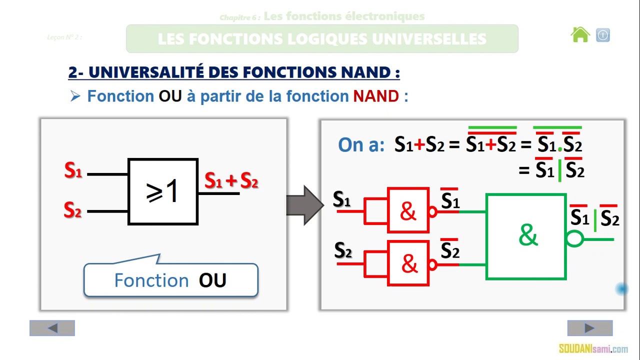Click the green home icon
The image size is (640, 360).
click(x=580, y=35)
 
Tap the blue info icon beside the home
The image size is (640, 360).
click(x=603, y=35)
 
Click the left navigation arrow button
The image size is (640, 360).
click(x=52, y=328)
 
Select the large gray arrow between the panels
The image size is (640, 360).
click(x=304, y=205)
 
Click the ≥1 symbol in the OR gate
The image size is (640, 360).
click(x=162, y=191)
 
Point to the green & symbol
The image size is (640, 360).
click(x=528, y=235)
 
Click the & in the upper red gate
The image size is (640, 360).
click(x=408, y=211)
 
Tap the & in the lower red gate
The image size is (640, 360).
click(x=409, y=263)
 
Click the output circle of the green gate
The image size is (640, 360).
click(x=575, y=239)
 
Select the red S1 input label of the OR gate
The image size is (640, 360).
click(x=73, y=171)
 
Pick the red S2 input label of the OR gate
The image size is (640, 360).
click(x=72, y=210)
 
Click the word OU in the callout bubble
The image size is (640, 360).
click(x=212, y=280)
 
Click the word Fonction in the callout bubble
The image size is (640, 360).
click(x=151, y=280)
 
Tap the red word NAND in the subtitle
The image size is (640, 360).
click(x=375, y=96)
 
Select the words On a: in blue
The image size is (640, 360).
click(x=361, y=145)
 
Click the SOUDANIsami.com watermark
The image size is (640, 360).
click(x=593, y=349)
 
